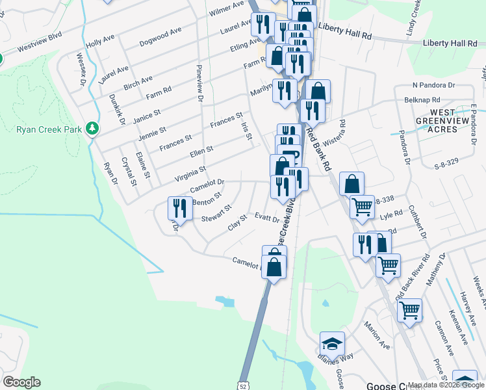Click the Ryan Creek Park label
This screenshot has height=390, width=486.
tap(49, 129)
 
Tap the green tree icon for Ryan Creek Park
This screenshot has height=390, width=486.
tap(94, 129)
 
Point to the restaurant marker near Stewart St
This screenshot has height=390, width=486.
tap(178, 208)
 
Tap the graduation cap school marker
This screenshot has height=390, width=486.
tap(332, 343)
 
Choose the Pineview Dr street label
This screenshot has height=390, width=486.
tap(199, 83)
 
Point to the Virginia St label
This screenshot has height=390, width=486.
tap(190, 173)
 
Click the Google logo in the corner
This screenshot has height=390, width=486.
tap(21, 382)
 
